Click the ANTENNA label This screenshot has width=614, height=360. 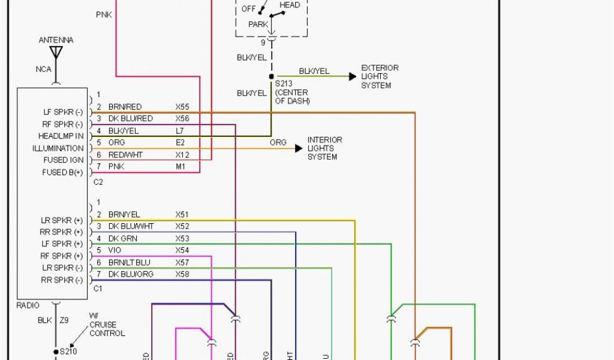[56, 40]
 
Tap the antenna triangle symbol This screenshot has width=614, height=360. [56, 52]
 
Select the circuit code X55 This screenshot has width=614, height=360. [182, 107]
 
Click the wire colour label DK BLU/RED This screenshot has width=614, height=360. [130, 119]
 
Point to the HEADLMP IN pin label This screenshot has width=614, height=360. [61, 136]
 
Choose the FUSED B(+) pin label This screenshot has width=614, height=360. [63, 172]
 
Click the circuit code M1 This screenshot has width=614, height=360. [180, 166]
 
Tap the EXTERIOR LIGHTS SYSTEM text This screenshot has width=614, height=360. [380, 77]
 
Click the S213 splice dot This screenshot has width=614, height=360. [271, 77]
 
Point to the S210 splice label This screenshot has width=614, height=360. [69, 352]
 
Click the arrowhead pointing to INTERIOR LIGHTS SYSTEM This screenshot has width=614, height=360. [299, 148]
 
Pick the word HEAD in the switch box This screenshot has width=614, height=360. [290, 5]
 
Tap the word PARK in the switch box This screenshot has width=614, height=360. [258, 25]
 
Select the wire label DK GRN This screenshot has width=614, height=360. [122, 238]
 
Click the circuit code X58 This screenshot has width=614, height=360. [182, 274]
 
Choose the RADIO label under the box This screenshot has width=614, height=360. [28, 305]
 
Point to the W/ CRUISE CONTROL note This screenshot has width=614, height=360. [107, 325]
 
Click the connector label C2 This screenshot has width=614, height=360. [98, 182]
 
